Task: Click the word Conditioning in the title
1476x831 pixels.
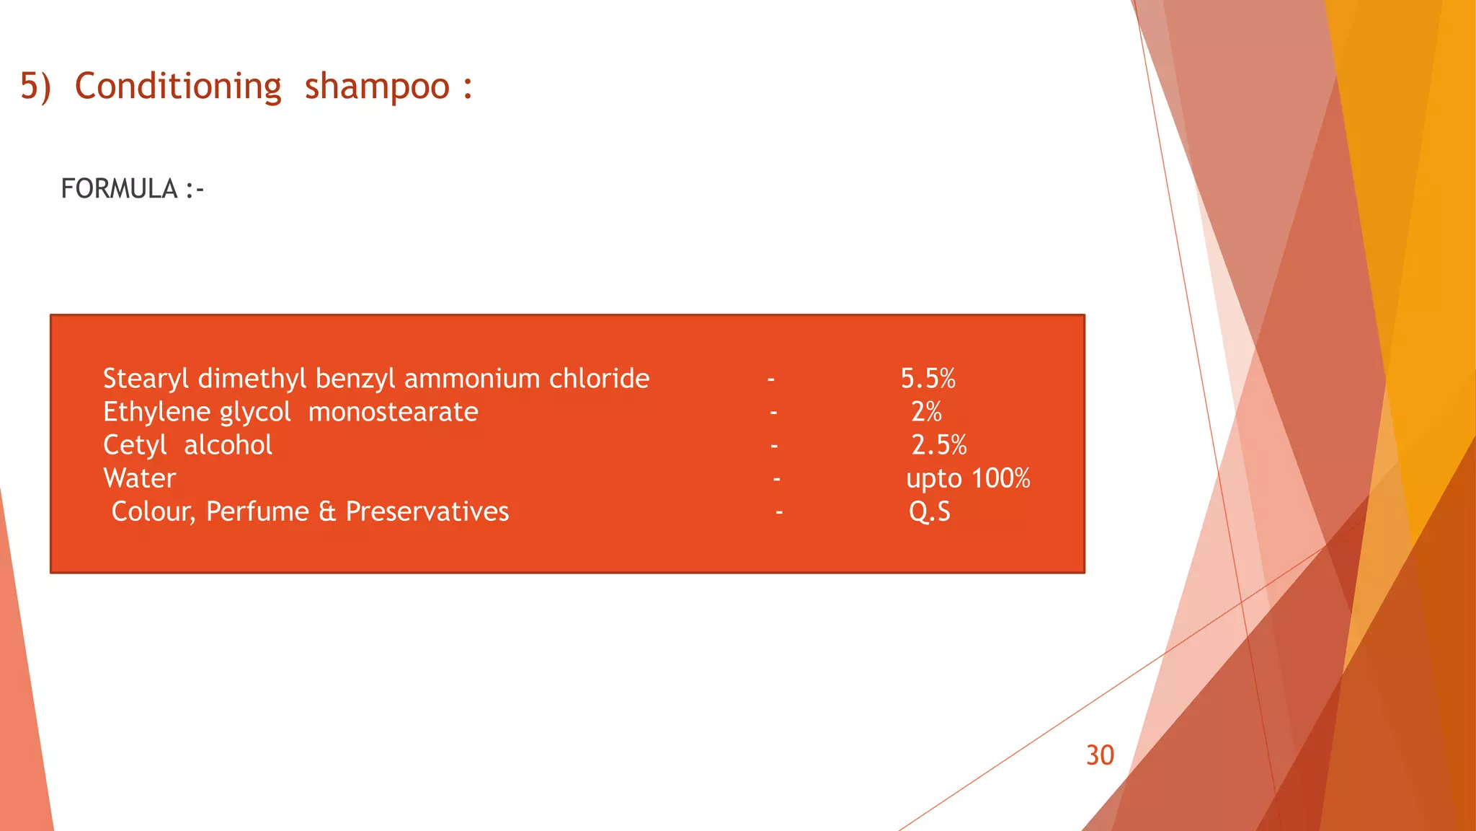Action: [x=178, y=87]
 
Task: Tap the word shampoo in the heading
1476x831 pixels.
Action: [x=377, y=87]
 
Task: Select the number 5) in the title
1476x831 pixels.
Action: [x=35, y=87]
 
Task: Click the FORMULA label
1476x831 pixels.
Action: [x=119, y=189]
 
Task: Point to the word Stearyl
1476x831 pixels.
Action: [x=146, y=379]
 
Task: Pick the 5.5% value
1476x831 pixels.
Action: [x=928, y=379]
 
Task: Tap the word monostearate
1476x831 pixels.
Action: [x=393, y=412]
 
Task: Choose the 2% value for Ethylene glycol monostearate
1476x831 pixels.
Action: [x=926, y=412]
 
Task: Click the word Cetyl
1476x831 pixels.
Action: [x=135, y=445]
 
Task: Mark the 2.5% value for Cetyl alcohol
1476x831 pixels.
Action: [x=938, y=445]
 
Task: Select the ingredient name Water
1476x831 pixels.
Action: [x=139, y=478]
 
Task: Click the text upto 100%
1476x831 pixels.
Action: [x=968, y=478]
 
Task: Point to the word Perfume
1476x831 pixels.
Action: [x=257, y=511]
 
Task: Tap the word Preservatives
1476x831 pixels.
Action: [x=427, y=511]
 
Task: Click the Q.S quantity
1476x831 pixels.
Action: [x=929, y=511]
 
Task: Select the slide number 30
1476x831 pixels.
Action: [x=1100, y=755]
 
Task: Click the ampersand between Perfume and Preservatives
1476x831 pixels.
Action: [x=327, y=511]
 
